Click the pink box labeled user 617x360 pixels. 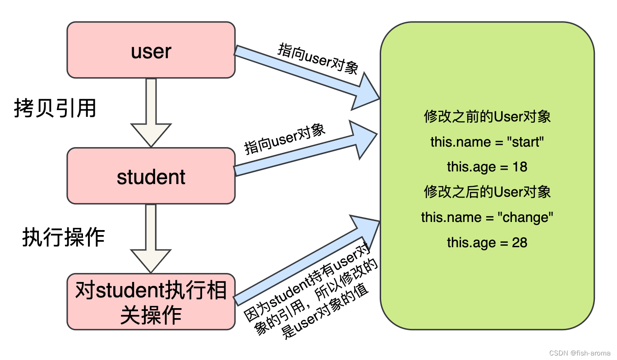(151, 51)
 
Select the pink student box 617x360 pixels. (151, 176)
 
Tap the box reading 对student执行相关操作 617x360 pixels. (151, 301)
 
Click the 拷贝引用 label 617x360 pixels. (55, 108)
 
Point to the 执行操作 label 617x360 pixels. (64, 237)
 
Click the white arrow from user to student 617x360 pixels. (151, 113)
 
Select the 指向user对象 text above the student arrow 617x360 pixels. (285, 139)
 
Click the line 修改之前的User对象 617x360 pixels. (487, 117)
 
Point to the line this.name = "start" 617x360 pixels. (487, 142)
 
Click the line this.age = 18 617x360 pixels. (487, 167)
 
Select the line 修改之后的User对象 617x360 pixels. (487, 192)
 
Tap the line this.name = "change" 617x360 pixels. (487, 217)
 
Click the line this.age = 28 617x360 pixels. (487, 243)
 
